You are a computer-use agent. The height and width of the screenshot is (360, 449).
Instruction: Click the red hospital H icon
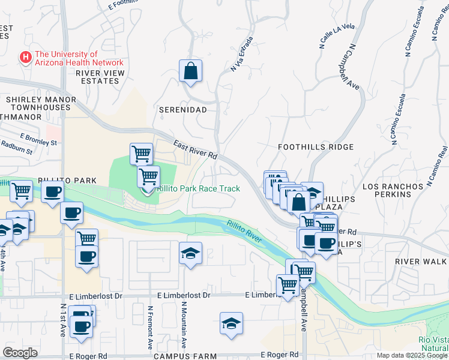point(26,58)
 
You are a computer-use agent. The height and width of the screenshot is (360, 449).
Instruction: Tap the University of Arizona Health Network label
point(79,58)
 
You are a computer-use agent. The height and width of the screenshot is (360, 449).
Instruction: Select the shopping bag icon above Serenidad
point(190,71)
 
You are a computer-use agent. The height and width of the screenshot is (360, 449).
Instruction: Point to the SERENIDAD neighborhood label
point(182,110)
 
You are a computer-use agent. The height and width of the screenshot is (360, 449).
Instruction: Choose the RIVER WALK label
point(421,262)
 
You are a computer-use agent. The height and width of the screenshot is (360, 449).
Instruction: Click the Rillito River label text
point(245,233)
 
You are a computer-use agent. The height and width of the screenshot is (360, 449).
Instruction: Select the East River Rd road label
point(195,150)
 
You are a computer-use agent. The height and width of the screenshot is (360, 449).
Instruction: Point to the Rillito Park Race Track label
point(199,188)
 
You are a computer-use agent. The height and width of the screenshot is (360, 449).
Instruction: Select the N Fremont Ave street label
point(149,327)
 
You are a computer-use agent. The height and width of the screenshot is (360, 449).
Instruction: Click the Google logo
point(20,352)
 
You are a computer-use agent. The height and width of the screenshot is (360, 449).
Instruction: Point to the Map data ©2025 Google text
point(412,355)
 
